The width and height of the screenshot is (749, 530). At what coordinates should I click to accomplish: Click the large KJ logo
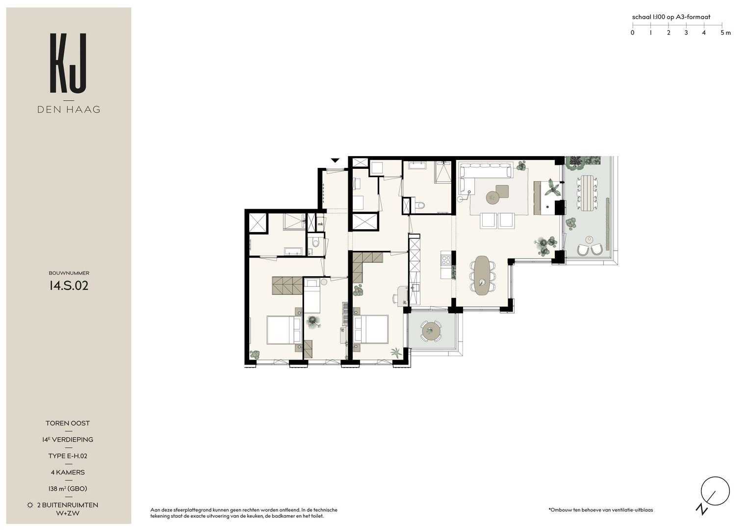point(68,63)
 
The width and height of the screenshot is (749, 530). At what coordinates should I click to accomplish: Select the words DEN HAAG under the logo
point(69,109)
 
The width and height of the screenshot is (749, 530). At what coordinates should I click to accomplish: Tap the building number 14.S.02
point(69,286)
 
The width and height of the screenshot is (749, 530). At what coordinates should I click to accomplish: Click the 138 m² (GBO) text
point(68,488)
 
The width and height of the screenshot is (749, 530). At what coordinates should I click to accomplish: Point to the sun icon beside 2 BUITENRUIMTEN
point(30,505)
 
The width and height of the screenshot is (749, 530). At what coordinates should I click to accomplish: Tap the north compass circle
point(715,491)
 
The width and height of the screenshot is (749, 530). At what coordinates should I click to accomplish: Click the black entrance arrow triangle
point(335,160)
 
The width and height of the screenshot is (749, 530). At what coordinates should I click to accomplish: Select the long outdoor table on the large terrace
point(588,193)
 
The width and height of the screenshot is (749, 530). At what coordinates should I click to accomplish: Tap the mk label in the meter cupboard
point(320,224)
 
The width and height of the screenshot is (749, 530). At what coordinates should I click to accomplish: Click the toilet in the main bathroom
point(419,205)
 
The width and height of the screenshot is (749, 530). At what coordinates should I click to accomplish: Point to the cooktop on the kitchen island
point(446,260)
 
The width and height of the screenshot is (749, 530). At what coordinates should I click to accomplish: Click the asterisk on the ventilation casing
point(547,207)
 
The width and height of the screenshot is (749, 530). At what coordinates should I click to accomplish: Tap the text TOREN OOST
point(68,423)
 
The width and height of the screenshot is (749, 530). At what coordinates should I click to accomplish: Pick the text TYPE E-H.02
point(68,456)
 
